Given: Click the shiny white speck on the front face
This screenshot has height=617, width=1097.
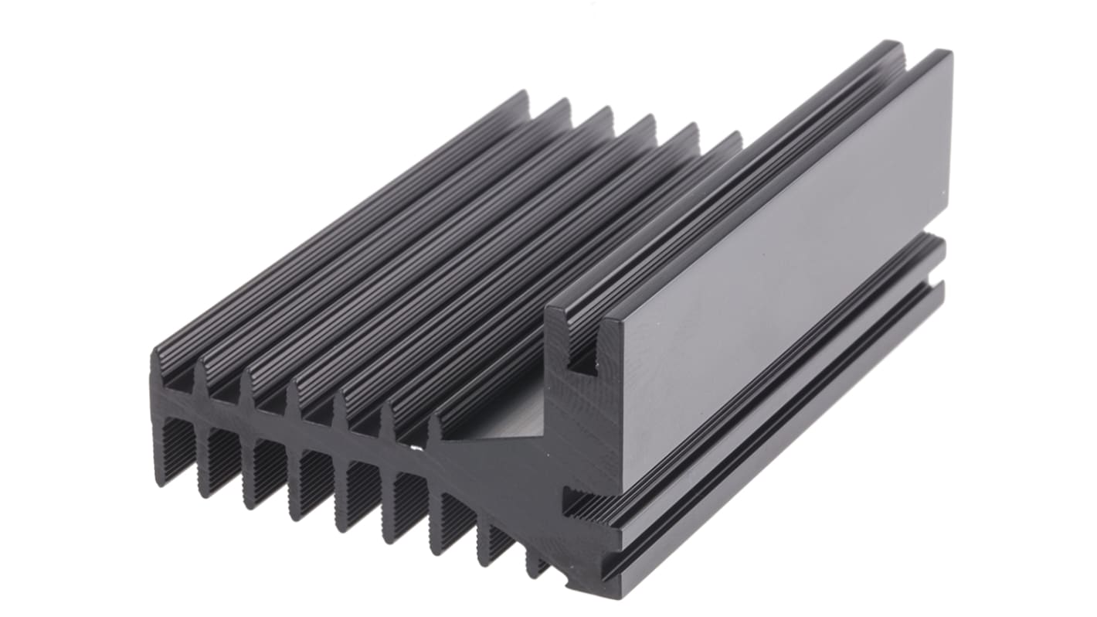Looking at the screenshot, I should pyautogui.click(x=417, y=446).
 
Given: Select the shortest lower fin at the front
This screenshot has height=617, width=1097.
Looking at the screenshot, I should pyautogui.click(x=536, y=564).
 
